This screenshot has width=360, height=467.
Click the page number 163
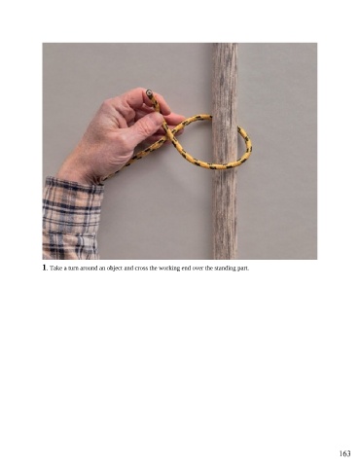(x=344, y=453)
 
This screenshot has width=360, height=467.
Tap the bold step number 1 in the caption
(x=45, y=268)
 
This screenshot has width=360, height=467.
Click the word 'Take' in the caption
(x=54, y=269)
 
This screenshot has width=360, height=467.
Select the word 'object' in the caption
(x=114, y=269)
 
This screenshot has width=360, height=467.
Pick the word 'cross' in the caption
(x=141, y=269)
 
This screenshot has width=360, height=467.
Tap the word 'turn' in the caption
(x=68, y=269)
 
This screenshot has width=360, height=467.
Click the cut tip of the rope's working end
(x=149, y=92)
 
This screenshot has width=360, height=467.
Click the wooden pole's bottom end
(x=225, y=257)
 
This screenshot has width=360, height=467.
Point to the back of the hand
(x=104, y=136)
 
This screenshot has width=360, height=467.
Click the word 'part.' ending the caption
(x=244, y=269)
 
